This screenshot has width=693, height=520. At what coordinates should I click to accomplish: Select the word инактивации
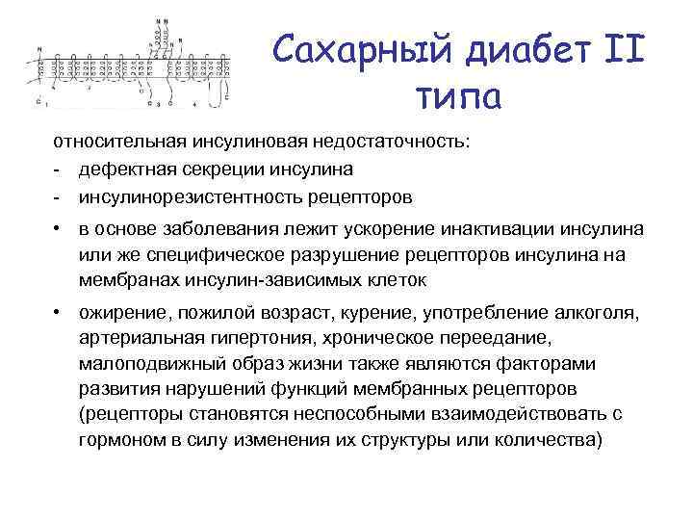510,231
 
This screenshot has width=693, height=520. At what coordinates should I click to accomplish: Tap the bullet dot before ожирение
60,313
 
